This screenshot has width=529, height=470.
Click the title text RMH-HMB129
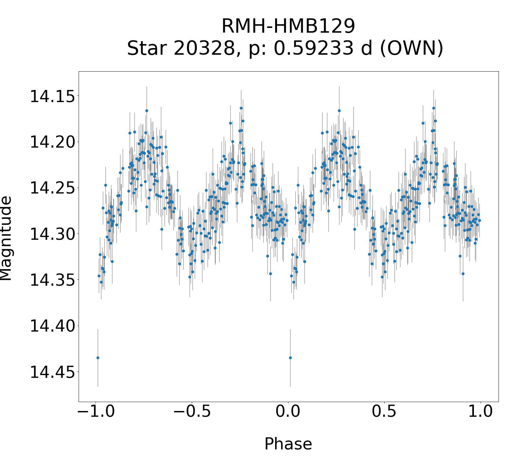point(288,26)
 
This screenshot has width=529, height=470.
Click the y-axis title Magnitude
point(6,238)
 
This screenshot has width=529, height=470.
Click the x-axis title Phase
point(288,444)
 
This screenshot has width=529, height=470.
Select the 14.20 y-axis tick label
point(52,142)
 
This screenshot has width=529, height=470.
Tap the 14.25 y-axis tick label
point(52,188)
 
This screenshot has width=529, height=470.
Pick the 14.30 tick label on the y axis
point(52,234)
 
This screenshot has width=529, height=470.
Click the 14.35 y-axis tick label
point(52,280)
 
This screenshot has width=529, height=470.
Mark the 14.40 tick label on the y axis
point(52,326)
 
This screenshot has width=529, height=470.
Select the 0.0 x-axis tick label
point(288,412)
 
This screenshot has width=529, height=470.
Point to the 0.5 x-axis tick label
point(384,412)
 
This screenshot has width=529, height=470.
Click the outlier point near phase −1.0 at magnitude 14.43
point(98,358)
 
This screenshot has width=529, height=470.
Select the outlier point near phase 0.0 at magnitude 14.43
point(290,358)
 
